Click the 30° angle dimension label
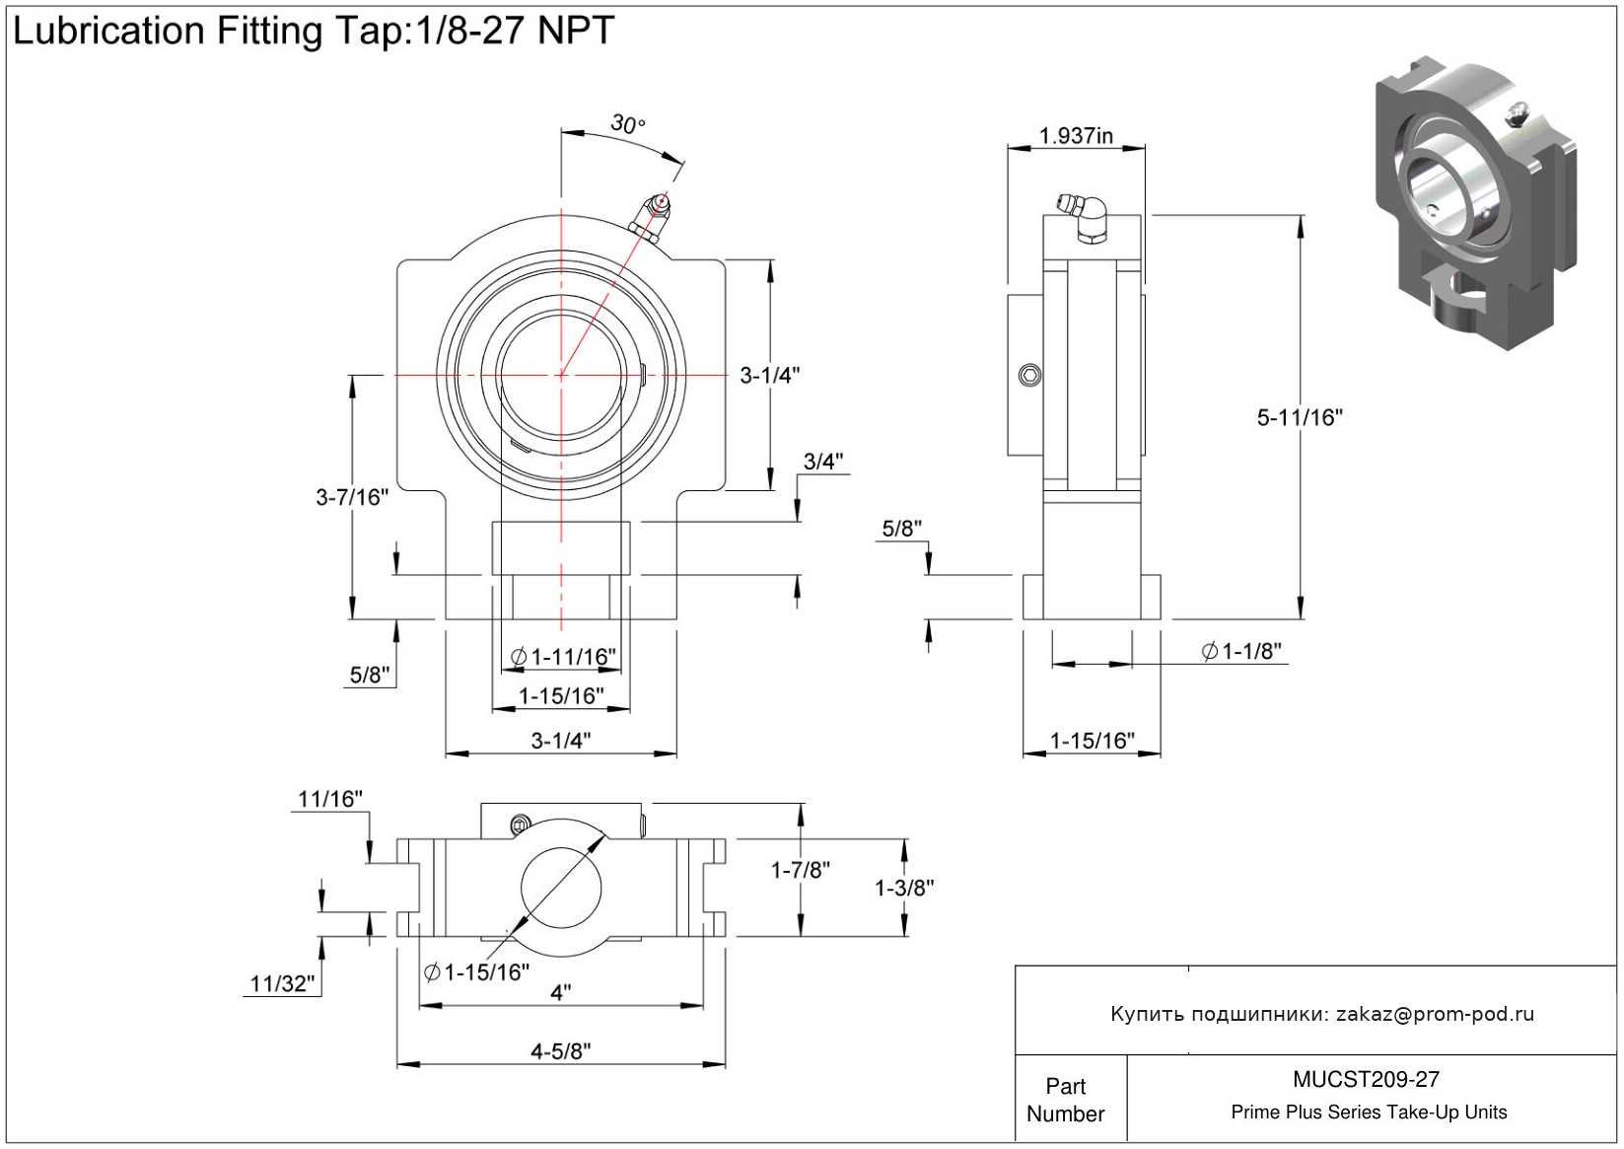[627, 124]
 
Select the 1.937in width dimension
[1076, 136]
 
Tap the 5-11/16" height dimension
[1299, 417]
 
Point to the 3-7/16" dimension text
[352, 497]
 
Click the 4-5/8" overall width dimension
[561, 1051]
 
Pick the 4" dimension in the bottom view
[560, 992]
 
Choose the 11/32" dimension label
[282, 983]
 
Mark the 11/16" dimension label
[330, 799]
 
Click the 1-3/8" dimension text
[904, 888]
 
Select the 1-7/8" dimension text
[800, 870]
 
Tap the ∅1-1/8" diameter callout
[1241, 651]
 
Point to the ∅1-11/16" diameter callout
[563, 657]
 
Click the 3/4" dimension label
[823, 462]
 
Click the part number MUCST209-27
[1366, 1079]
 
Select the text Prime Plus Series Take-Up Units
[1369, 1113]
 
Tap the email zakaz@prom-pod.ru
[1435, 1014]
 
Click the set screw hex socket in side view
[1030, 375]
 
